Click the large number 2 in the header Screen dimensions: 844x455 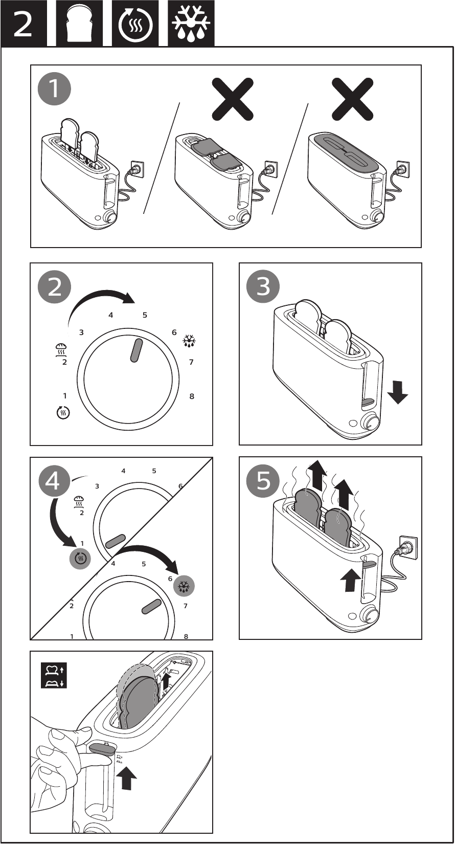coord(22,24)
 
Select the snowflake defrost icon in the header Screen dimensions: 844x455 coord(191,25)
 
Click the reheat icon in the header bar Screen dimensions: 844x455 coord(135,25)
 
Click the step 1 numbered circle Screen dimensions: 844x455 coord(54,90)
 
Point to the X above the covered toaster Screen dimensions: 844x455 coord(352,99)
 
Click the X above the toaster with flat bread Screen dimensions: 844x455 coord(233,99)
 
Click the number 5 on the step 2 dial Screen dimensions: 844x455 coord(145,315)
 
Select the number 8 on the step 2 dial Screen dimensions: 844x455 coord(192,396)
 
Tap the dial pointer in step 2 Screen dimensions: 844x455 coord(136,350)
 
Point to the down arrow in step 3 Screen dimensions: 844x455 coord(397,393)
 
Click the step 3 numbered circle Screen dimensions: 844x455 coord(263,287)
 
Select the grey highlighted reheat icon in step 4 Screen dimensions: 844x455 coord(80,559)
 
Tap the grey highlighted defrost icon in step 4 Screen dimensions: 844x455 coord(184,587)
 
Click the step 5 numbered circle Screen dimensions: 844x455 coord(263,481)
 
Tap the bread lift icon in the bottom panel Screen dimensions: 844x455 coord(54,676)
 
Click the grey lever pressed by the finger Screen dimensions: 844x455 coord(102,750)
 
